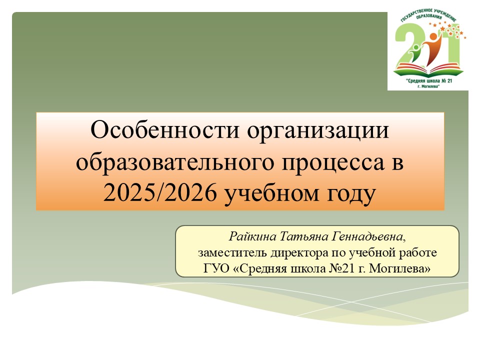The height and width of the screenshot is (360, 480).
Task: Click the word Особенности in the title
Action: pyautogui.click(x=164, y=130)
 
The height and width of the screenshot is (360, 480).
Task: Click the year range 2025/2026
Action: pyautogui.click(x=160, y=193)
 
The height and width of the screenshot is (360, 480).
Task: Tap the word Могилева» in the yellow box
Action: pyautogui.click(x=399, y=268)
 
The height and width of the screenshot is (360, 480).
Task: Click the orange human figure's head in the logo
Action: pyautogui.click(x=433, y=36)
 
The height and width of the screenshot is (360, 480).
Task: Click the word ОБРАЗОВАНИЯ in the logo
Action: pyautogui.click(x=428, y=16)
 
